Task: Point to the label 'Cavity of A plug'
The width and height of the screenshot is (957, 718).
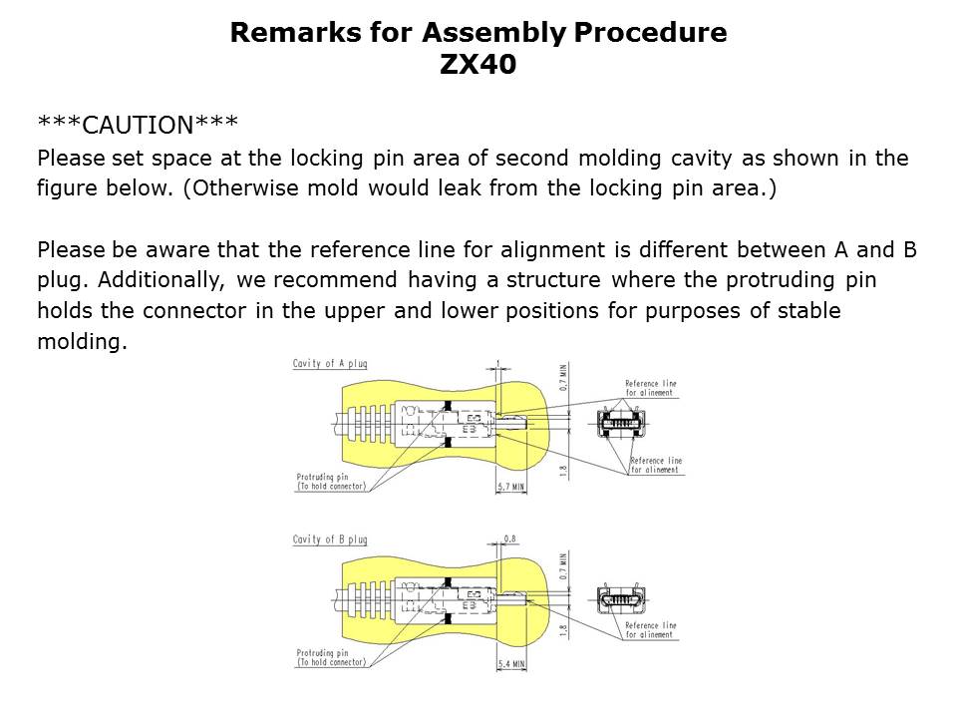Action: pos(329,364)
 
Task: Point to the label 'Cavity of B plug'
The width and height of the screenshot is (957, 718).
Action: pos(329,539)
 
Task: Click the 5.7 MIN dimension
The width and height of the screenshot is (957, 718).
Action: pos(510,488)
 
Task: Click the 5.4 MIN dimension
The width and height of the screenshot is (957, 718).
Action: pos(510,662)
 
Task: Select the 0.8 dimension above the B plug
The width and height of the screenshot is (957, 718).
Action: pos(509,539)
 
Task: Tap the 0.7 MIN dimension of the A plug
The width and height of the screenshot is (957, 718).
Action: pos(563,378)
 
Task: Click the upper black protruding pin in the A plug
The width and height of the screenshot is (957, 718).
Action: pos(448,404)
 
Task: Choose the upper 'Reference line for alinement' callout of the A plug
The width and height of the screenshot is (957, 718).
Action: pos(650,387)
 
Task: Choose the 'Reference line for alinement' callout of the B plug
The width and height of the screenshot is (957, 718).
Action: pos(650,630)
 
